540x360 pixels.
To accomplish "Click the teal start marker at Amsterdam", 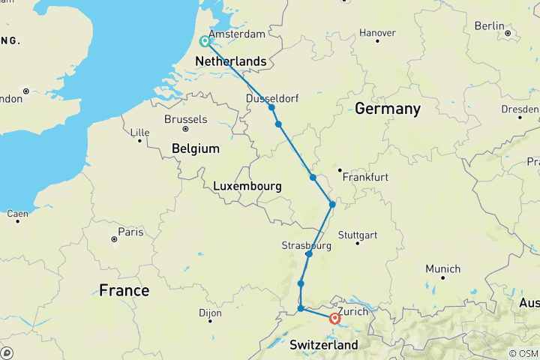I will point(204,41).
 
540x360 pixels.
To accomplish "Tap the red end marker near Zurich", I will point(335,318).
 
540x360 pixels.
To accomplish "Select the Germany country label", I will point(387,109).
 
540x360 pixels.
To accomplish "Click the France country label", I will point(124,290).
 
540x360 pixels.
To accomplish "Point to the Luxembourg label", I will point(247,185).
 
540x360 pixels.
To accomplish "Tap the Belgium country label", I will point(195,148).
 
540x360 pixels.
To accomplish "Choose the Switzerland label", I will point(324,345).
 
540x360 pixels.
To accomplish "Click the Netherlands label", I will point(230,61).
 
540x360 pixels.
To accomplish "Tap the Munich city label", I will point(442,268).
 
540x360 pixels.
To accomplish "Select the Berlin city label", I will point(490,25).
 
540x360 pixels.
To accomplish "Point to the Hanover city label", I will point(377,33).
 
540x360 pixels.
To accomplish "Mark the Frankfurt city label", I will point(364,178).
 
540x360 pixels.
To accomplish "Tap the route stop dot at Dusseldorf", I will point(271,108).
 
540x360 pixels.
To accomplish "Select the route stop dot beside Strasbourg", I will point(309,254).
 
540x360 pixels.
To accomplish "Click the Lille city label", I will point(139,133).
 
